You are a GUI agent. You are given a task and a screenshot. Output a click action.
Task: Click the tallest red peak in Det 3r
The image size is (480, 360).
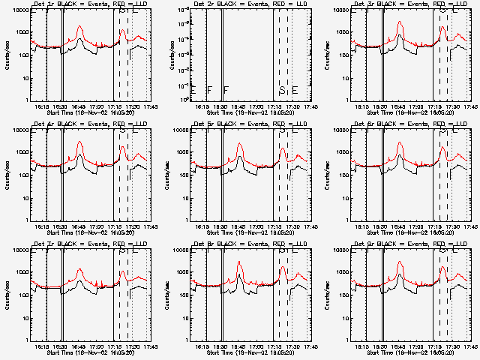(x=400, y=23)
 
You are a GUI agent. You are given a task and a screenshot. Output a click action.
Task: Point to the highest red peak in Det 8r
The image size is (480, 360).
(x=240, y=262)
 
